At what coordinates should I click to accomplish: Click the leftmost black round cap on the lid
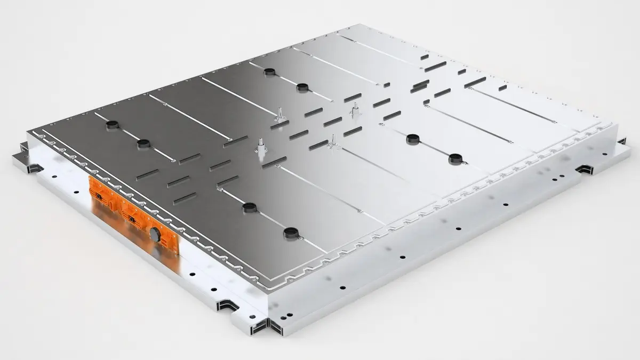point(111,125)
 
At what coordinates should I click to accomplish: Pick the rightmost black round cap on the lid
point(454,158)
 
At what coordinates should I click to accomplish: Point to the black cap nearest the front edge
point(290,232)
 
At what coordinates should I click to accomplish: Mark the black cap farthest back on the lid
point(270,72)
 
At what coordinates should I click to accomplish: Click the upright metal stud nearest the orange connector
point(261,146)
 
